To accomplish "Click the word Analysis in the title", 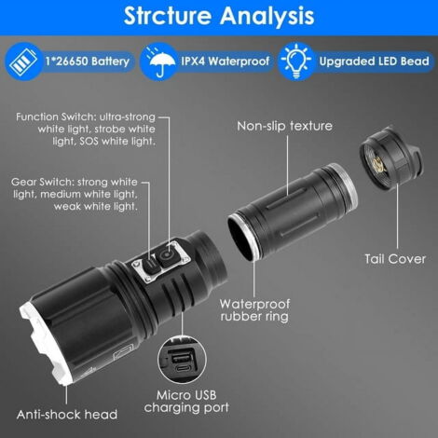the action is click(267, 16).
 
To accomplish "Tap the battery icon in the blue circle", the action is click(23, 62).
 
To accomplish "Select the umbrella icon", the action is click(160, 62).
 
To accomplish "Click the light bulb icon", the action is click(296, 61).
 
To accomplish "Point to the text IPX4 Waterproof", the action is click(226, 62).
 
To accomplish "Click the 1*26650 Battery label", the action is click(88, 62).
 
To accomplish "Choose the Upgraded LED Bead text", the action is click(374, 62).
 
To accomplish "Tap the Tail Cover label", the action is click(395, 259).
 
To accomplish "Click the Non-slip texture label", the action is click(284, 126).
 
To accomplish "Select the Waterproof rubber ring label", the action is click(254, 310).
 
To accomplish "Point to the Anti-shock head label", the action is click(67, 415).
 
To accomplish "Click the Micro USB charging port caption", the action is click(186, 401).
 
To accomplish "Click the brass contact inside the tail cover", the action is click(378, 164).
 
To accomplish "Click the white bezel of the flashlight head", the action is click(47, 343).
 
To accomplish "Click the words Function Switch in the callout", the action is click(55, 117).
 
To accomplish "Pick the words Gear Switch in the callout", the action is click(42, 182).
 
